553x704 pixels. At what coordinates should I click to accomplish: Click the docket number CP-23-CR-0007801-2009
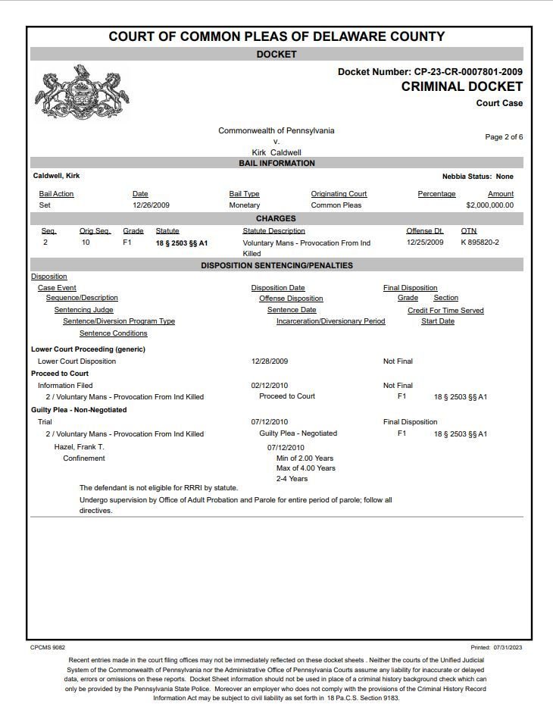(467, 72)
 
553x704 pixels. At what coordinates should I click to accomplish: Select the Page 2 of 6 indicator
(504, 137)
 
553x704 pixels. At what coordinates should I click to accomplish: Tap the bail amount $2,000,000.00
(489, 205)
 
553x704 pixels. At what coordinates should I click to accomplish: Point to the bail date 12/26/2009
(151, 205)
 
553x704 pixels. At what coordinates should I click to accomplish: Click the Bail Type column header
(244, 194)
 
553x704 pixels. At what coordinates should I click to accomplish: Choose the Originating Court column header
(339, 194)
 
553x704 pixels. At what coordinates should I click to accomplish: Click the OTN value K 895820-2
(480, 242)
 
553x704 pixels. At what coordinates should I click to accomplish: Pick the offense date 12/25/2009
(425, 242)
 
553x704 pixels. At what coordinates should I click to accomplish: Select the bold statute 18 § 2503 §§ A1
(182, 243)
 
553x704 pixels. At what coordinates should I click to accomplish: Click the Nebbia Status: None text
(477, 176)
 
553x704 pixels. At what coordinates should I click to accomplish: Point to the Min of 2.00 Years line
(305, 458)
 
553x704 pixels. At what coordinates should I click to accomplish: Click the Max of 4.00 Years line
(305, 468)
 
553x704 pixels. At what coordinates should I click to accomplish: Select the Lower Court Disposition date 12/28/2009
(269, 361)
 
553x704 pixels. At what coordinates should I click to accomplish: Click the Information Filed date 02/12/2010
(269, 386)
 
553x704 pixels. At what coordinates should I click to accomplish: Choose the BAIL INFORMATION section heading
(276, 163)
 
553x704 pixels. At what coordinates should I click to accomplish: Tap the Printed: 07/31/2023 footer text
(496, 647)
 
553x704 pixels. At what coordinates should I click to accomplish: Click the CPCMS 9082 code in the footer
(48, 647)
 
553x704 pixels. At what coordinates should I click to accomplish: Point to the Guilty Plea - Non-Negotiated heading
(79, 410)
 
